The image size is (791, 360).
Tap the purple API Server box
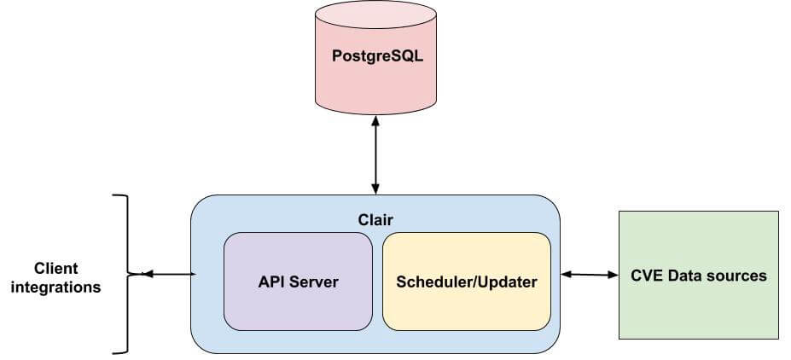pyautogui.click(x=298, y=282)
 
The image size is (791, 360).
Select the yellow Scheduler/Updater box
pyautogui.click(x=467, y=282)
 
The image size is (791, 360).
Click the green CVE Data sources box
pyautogui.click(x=698, y=276)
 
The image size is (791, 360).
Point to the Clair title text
pyautogui.click(x=375, y=219)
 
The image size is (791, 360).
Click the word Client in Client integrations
pyautogui.click(x=56, y=268)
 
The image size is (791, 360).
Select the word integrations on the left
pyautogui.click(x=56, y=287)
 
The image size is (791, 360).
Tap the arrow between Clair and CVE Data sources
pyautogui.click(x=589, y=275)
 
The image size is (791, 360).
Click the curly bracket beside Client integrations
pyautogui.click(x=125, y=274)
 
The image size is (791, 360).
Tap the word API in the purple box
pyautogui.click(x=271, y=282)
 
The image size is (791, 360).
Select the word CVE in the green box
pyautogui.click(x=647, y=276)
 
